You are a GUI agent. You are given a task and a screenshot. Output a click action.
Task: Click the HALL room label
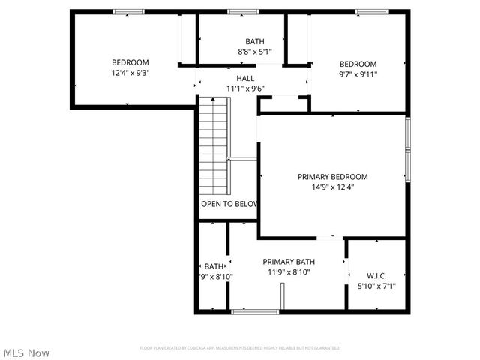(x=245, y=78)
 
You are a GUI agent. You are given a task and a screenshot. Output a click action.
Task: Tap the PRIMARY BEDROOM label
(x=333, y=177)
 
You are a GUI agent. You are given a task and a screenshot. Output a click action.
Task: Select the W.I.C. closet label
(x=376, y=275)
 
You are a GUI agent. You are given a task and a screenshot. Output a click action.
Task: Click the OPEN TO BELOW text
(x=229, y=204)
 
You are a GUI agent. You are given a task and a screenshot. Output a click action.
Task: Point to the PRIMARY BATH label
(x=289, y=262)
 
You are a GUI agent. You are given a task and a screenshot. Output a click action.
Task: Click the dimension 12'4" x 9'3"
(x=130, y=73)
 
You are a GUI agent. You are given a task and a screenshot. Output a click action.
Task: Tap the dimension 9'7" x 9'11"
(x=358, y=74)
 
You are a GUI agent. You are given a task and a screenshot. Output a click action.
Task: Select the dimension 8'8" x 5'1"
(x=255, y=52)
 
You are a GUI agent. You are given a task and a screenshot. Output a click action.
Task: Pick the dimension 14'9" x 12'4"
(x=333, y=187)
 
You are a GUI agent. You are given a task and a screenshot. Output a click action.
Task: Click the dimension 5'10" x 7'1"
(x=376, y=286)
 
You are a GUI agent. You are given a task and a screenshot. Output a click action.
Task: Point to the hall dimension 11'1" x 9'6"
(x=245, y=88)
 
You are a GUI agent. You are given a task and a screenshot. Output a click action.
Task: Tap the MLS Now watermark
(x=26, y=352)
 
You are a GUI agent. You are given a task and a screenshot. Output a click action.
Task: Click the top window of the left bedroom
(x=128, y=11)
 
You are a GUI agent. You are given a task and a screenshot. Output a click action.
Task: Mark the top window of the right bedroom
(x=370, y=11)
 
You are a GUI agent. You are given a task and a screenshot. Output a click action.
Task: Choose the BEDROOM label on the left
(x=130, y=62)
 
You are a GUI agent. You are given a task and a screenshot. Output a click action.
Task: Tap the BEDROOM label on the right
(x=358, y=64)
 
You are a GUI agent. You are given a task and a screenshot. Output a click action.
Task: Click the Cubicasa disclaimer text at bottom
(x=240, y=348)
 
